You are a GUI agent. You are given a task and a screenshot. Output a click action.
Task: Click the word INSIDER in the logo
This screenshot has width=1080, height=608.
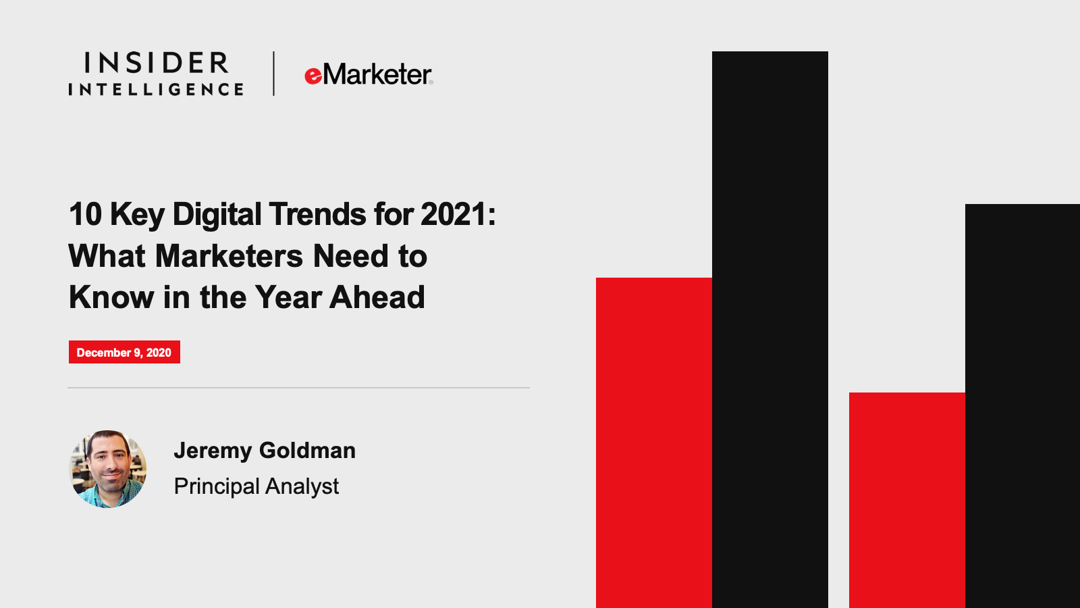pyautogui.click(x=157, y=63)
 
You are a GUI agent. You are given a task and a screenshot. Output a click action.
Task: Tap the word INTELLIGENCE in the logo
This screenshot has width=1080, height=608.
pyautogui.click(x=156, y=89)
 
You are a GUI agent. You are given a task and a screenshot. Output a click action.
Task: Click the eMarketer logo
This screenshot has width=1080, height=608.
pyautogui.click(x=369, y=74)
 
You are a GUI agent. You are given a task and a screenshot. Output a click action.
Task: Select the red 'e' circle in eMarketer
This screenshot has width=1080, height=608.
pyautogui.click(x=313, y=76)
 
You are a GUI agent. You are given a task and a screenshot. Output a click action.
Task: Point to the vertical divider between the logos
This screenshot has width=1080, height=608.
pyautogui.click(x=274, y=74)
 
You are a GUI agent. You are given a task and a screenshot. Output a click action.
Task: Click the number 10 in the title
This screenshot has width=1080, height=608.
pyautogui.click(x=85, y=214)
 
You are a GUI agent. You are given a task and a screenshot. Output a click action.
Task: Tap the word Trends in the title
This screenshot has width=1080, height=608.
pyautogui.click(x=317, y=214)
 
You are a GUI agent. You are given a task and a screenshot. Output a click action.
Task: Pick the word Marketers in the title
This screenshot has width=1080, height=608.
pyautogui.click(x=229, y=256)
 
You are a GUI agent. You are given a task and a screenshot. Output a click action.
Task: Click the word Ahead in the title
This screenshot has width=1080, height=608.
pyautogui.click(x=377, y=297)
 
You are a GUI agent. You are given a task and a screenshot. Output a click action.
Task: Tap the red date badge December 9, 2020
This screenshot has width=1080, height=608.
pyautogui.click(x=124, y=352)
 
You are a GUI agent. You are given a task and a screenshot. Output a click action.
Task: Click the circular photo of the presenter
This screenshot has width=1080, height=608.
pyautogui.click(x=108, y=469)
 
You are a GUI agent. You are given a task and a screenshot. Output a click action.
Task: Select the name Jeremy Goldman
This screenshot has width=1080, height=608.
pyautogui.click(x=265, y=451)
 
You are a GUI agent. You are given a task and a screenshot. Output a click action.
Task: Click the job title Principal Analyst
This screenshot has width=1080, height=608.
pyautogui.click(x=256, y=486)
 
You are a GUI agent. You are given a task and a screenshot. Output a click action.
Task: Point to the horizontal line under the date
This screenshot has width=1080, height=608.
pyautogui.click(x=298, y=388)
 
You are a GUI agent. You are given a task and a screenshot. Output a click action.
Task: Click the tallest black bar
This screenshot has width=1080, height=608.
pyautogui.click(x=770, y=330)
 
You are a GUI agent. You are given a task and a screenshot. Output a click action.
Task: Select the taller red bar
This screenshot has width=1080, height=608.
pyautogui.click(x=654, y=443)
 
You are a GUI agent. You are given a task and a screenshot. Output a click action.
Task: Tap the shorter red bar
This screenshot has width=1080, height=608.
pyautogui.click(x=907, y=501)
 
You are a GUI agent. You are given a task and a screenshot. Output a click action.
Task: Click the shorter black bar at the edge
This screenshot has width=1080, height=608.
pyautogui.click(x=1023, y=406)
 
